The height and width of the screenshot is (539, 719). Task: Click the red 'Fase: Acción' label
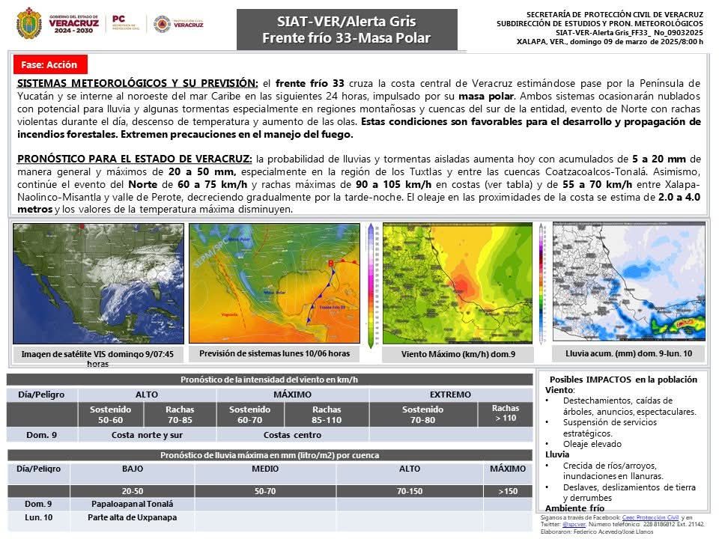[49, 65]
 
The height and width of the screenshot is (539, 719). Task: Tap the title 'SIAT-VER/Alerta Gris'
[346, 21]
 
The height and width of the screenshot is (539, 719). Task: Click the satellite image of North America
[98, 283]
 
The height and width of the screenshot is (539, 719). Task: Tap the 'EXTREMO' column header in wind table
[450, 395]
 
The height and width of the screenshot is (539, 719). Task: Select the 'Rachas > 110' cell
[505, 412]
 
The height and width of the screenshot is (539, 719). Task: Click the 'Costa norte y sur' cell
[147, 434]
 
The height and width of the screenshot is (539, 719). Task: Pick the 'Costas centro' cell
[292, 434]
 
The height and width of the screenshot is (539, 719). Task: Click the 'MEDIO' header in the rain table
[265, 469]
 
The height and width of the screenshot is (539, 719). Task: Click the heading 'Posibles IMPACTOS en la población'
[623, 379]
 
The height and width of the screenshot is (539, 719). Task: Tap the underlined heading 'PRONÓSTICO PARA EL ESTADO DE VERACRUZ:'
[135, 159]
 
